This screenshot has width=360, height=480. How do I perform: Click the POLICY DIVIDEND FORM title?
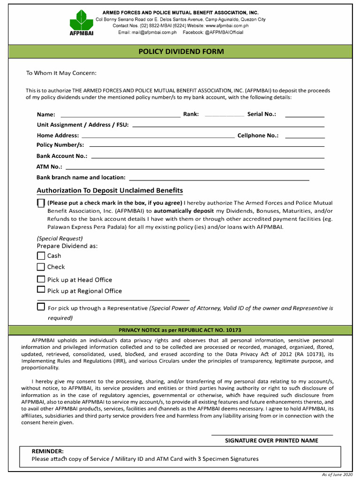point(181,52)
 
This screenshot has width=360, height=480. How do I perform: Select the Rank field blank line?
point(224,115)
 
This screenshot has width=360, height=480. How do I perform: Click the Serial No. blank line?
point(305,116)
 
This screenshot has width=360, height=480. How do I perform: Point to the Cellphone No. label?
point(258,135)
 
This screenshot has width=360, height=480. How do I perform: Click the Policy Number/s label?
point(60,145)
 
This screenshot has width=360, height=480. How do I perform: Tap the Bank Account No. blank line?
point(207,157)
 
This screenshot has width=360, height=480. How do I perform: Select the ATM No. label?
point(49,167)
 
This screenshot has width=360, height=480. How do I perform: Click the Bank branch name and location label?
point(81,178)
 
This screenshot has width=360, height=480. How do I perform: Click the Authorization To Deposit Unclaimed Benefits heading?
point(110,190)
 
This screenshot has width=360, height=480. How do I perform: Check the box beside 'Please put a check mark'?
point(41,203)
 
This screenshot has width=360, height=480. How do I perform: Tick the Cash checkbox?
point(41,256)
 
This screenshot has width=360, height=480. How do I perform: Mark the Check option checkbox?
point(41,267)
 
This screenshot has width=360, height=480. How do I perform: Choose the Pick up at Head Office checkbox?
point(41,279)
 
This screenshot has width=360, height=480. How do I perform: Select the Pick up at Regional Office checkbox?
point(41,290)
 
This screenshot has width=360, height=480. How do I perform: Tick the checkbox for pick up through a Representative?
point(41,307)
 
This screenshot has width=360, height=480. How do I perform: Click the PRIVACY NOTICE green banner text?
point(180,330)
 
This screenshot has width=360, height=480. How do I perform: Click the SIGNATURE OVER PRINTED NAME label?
point(271,441)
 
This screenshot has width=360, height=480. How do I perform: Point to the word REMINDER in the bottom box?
point(47,451)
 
